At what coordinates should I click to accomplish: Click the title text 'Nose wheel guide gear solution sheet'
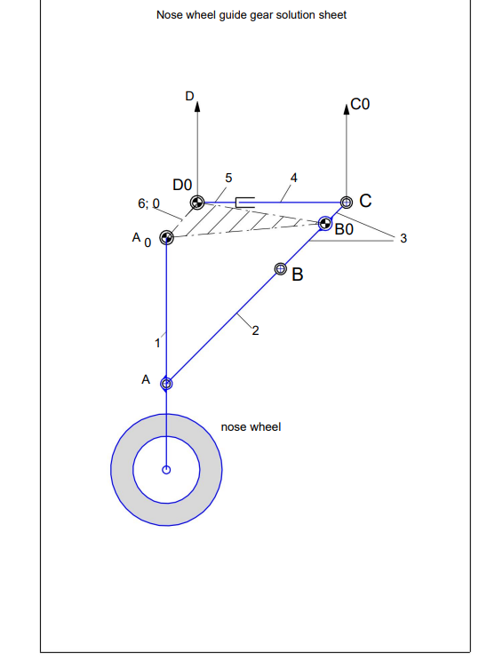pos(251,15)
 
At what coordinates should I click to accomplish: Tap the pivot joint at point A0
pos(165,237)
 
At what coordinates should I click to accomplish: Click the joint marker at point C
pos(346,203)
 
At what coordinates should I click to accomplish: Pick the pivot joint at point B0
pos(325,223)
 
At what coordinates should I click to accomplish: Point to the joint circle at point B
pos(281,267)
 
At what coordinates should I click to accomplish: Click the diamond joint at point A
pos(166,384)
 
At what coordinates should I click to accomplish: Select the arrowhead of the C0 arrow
pos(346,109)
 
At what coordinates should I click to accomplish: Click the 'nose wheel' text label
pos(251,427)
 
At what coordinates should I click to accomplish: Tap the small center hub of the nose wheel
pos(166,469)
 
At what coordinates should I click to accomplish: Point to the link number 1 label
pos(157,340)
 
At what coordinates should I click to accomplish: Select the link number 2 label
pos(255,332)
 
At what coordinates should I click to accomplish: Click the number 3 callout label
pos(403,239)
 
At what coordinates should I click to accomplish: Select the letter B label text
pos(298,275)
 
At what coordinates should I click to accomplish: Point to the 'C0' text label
pos(360,105)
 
